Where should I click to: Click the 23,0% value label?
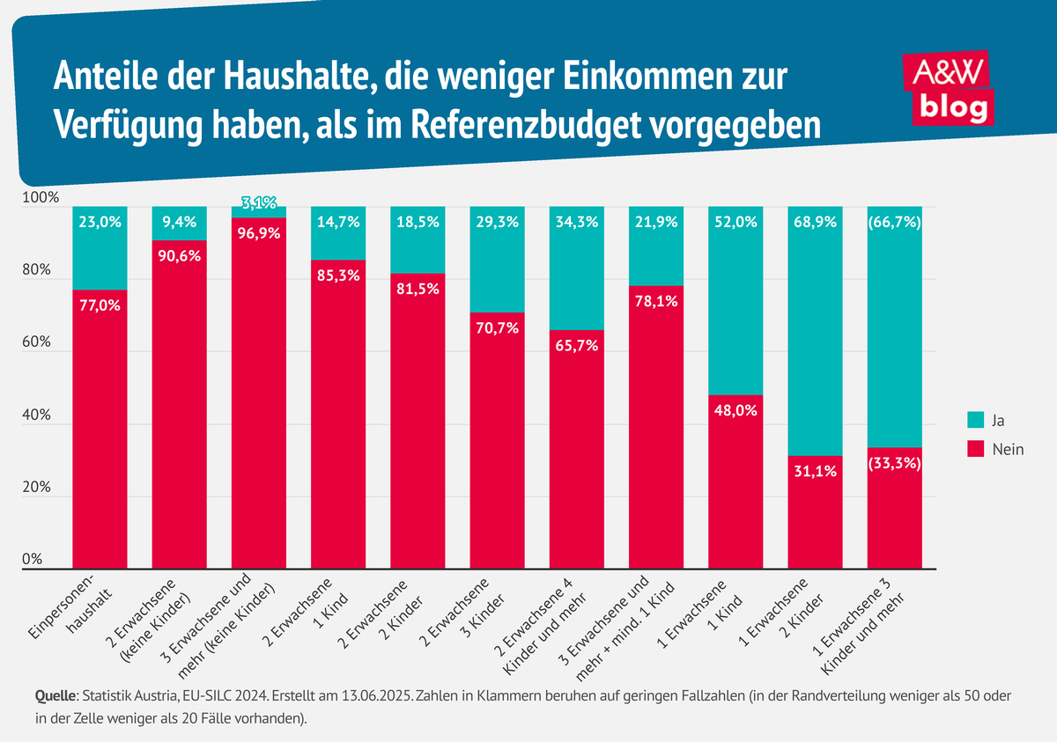(100, 223)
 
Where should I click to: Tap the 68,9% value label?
(815, 223)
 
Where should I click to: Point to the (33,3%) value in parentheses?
(894, 463)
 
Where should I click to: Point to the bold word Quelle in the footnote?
(55, 696)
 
